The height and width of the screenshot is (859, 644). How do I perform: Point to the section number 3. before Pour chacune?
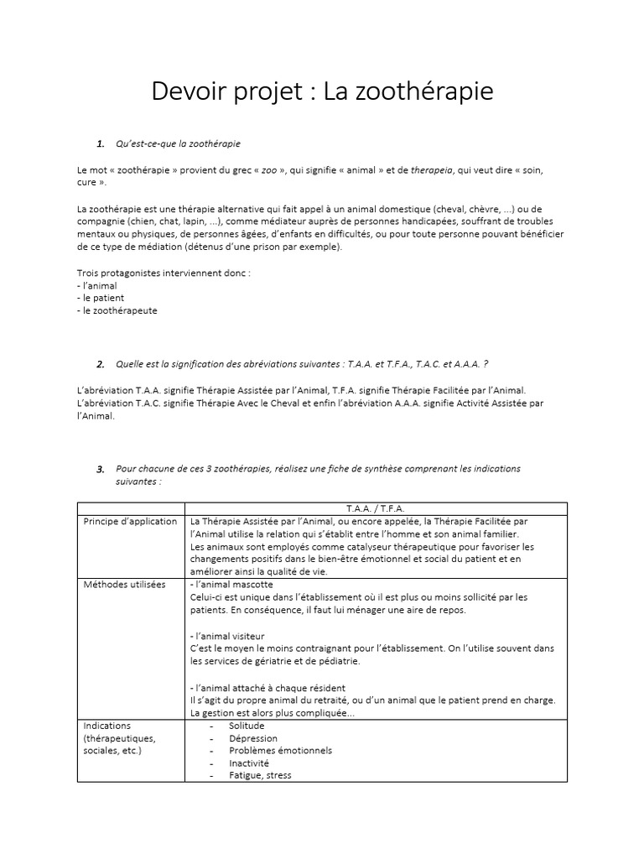tap(101, 468)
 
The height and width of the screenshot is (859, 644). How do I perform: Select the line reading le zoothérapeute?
tap(117, 310)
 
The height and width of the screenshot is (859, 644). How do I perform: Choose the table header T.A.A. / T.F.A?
tap(375, 508)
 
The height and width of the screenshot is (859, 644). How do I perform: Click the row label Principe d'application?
tap(130, 521)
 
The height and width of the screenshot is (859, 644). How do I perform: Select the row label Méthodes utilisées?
tap(124, 584)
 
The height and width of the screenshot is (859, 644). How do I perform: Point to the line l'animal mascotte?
tap(231, 584)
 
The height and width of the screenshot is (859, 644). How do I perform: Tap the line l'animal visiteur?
tap(228, 636)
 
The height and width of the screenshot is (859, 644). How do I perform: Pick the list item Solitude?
tap(247, 725)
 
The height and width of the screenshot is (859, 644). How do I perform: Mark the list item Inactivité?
tap(249, 763)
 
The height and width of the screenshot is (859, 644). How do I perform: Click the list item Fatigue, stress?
tap(260, 776)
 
